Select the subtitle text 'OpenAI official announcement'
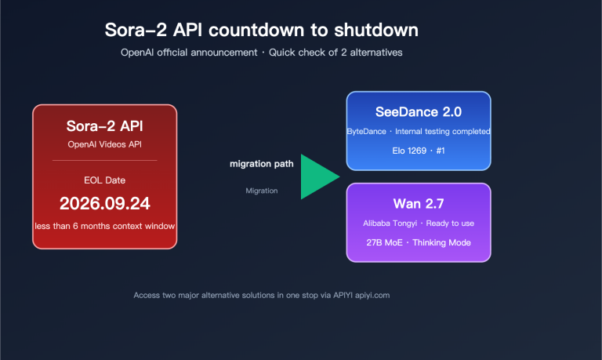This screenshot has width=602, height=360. [188, 53]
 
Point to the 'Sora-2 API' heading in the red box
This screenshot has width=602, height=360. [104, 125]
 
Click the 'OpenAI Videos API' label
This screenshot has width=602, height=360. [104, 144]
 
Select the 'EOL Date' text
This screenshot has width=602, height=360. [104, 180]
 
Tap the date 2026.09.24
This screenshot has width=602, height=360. [104, 204]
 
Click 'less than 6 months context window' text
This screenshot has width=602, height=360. [104, 226]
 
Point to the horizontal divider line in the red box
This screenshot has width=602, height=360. [104, 160]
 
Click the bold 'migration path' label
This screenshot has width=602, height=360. [262, 164]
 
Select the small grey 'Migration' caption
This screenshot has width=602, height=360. [262, 191]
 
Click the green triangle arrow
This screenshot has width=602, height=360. [317, 177]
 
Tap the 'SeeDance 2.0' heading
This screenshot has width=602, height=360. [419, 112]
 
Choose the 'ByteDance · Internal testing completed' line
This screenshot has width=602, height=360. [419, 131]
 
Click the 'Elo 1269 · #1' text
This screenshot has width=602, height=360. [419, 151]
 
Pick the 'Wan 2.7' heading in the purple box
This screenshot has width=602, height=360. [419, 204]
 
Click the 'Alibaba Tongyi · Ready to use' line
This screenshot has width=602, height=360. [419, 224]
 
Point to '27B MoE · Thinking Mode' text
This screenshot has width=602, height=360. [419, 242]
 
